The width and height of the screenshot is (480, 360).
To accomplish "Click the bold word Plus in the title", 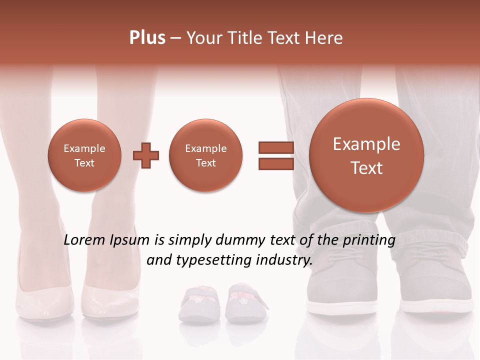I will pyautogui.click(x=147, y=38).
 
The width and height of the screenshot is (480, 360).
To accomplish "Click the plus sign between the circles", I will pyautogui.click(x=146, y=155).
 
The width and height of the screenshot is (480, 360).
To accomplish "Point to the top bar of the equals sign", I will pyautogui.click(x=275, y=147).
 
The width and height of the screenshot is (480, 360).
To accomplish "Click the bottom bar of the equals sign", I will pyautogui.click(x=275, y=164).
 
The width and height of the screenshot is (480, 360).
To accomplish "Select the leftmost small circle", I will pyautogui.click(x=84, y=155).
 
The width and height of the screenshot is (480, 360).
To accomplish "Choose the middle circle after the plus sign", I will pyautogui.click(x=205, y=155).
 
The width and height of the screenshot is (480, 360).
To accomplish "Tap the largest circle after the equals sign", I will pyautogui.click(x=366, y=155).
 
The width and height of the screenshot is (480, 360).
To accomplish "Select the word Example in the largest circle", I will pyautogui.click(x=366, y=144).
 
